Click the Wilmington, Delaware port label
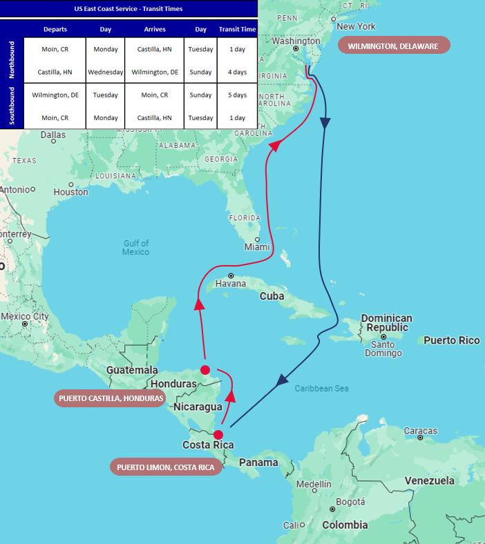point(393,46)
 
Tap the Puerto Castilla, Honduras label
point(111,398)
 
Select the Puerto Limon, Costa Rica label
point(167,467)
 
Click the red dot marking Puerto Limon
point(218,435)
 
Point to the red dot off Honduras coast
point(205,370)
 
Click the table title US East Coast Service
point(129,9)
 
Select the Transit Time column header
point(237,30)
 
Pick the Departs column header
point(55,30)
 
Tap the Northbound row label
point(12,60)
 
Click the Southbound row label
point(12,106)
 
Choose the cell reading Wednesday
point(106,72)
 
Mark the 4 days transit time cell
point(238,72)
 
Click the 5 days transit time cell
point(238,95)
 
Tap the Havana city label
point(230,284)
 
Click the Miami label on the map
point(257,246)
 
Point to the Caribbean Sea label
point(321,389)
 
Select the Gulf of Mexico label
point(136,247)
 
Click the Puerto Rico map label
point(451,340)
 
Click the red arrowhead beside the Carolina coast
point(276,145)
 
